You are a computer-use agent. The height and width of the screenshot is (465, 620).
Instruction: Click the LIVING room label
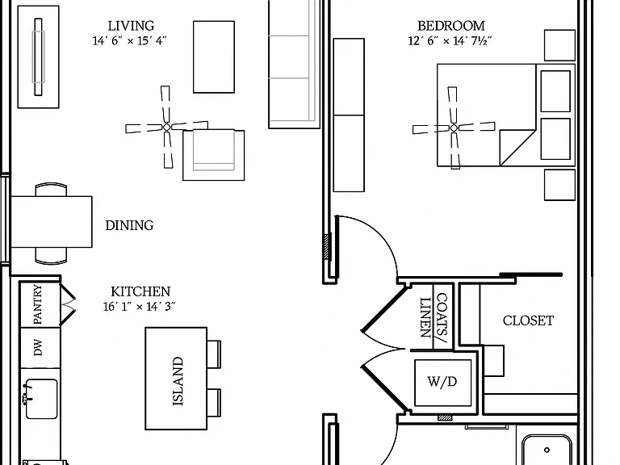click(131, 26)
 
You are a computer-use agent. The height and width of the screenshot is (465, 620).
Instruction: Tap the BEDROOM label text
click(451, 26)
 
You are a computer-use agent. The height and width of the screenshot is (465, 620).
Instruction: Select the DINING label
click(129, 225)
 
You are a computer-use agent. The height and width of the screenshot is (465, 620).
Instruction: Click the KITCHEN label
click(140, 291)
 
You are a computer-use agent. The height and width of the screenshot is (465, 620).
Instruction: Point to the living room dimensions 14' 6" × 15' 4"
click(130, 40)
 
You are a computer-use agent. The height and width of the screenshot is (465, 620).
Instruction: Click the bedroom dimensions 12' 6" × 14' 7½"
click(450, 40)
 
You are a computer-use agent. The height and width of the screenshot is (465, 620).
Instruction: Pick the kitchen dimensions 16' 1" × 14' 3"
click(139, 307)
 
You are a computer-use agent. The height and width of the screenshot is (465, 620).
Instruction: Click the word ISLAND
click(178, 381)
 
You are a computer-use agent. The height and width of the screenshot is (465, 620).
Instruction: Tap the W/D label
click(442, 382)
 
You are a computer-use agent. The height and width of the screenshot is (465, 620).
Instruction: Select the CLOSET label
click(528, 320)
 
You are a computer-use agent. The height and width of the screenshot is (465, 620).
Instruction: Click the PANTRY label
click(38, 304)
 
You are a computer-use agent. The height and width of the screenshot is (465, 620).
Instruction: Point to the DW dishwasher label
click(38, 348)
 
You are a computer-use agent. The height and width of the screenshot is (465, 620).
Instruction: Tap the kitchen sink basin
click(41, 399)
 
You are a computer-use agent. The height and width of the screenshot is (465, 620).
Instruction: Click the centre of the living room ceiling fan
click(167, 128)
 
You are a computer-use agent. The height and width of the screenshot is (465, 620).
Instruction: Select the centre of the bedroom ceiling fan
click(454, 128)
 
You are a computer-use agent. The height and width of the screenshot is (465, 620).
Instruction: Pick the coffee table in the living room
click(214, 57)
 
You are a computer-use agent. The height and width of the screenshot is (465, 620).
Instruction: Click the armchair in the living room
click(213, 155)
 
